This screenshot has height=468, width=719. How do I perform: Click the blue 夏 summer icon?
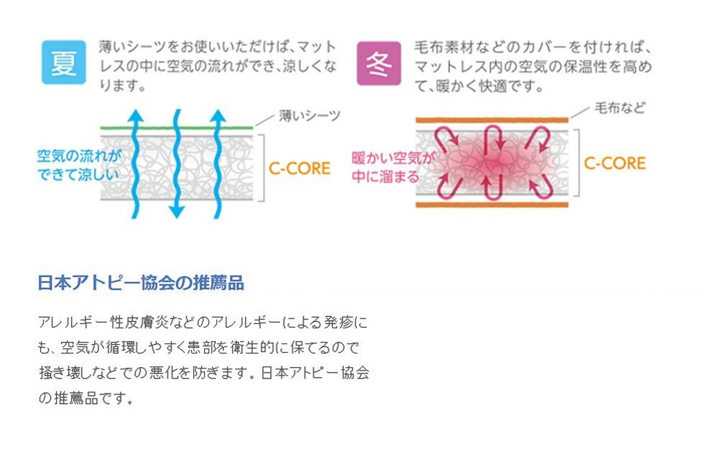click(63, 62)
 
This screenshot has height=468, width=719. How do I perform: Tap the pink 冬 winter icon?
click(379, 63)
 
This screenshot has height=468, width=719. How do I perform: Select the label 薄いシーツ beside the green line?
click(310, 116)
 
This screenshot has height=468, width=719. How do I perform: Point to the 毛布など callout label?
click(620, 109)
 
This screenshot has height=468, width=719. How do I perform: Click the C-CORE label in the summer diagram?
click(299, 168)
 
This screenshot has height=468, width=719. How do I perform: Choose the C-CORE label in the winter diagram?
click(615, 163)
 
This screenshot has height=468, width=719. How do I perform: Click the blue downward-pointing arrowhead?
click(177, 211)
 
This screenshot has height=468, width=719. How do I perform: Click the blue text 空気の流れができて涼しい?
click(79, 165)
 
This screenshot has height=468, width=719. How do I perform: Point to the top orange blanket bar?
click(492, 120)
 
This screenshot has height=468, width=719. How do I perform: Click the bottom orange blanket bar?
click(492, 205)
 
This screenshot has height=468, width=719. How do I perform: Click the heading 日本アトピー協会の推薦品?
click(140, 282)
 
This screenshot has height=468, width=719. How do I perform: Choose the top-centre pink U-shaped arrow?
click(493, 137)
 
